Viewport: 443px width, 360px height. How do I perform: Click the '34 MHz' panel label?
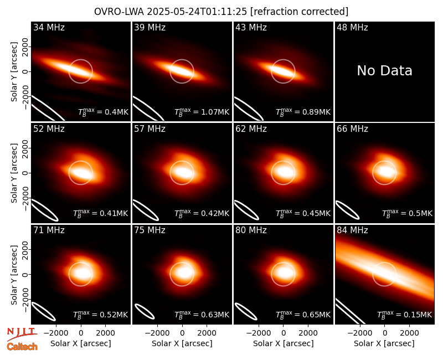pos(49,27)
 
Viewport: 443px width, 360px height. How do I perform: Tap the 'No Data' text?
pos(384,71)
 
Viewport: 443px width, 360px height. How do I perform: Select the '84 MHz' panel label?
pos(352,230)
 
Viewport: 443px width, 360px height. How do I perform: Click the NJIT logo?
pos(22,334)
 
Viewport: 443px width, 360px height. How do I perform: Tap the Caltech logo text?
pos(22,347)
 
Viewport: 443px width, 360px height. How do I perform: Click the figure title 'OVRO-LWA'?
pos(119,12)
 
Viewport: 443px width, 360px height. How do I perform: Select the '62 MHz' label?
pos(251,129)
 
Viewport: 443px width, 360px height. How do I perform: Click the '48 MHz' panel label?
pos(352,27)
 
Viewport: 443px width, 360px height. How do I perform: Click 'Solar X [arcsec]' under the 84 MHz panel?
pos(384,343)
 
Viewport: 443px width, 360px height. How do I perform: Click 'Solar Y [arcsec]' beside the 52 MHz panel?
pos(14,173)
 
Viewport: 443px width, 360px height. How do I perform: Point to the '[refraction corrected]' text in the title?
pos(299,12)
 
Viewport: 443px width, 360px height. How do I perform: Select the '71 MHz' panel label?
pos(49,230)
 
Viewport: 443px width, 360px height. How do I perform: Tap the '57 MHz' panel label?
pos(150,129)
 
